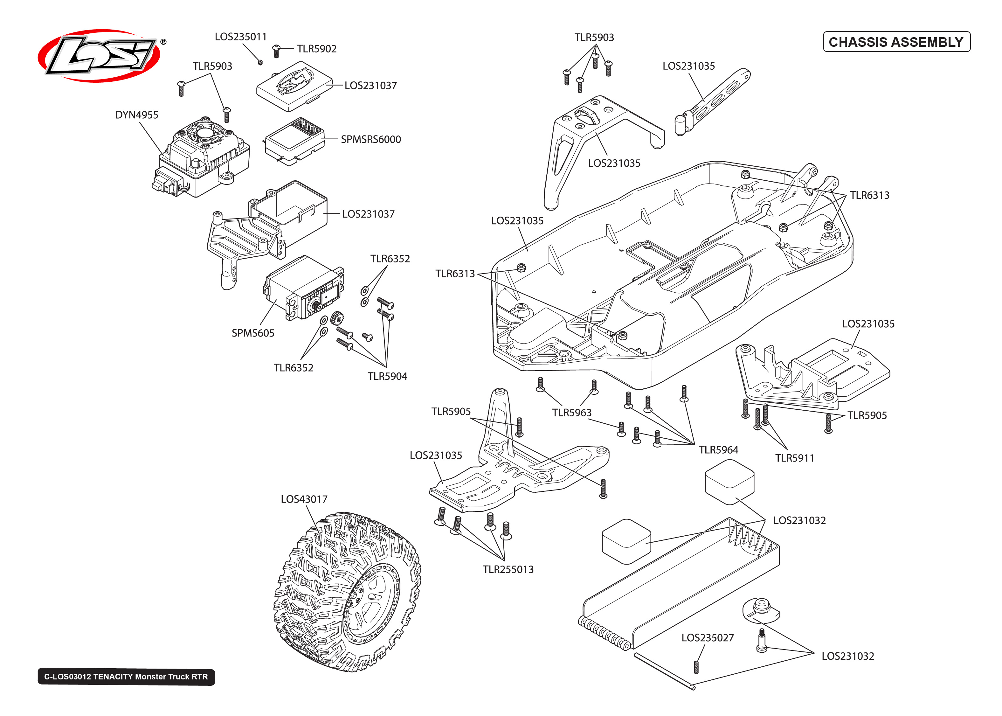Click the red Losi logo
99,56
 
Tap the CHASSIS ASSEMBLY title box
896,42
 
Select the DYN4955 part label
137,115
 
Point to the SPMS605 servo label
253,333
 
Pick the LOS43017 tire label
304,499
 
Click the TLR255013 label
508,570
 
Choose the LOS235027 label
707,638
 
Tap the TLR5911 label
794,459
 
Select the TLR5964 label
718,450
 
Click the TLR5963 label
571,413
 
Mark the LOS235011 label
241,37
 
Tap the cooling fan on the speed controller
204,133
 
